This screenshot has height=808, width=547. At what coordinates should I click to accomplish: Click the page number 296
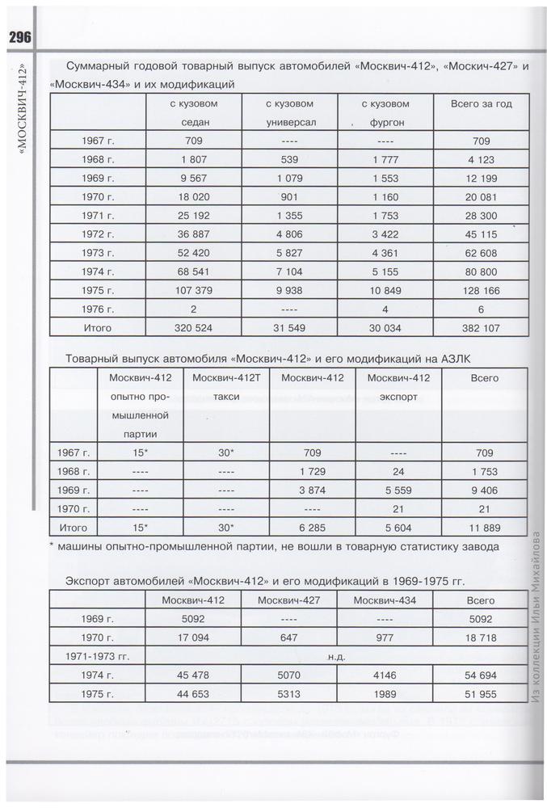(x=19, y=37)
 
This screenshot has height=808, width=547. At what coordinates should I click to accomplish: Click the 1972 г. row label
(x=99, y=233)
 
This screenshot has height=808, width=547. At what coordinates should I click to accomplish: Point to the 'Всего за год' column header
(x=482, y=104)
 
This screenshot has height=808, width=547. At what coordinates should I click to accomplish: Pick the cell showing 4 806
(x=288, y=233)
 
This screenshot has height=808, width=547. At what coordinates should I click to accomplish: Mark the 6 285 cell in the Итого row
(x=312, y=527)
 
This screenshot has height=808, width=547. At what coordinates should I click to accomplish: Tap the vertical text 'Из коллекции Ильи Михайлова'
(x=536, y=622)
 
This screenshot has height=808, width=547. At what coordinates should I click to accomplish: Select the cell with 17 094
(x=192, y=637)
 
